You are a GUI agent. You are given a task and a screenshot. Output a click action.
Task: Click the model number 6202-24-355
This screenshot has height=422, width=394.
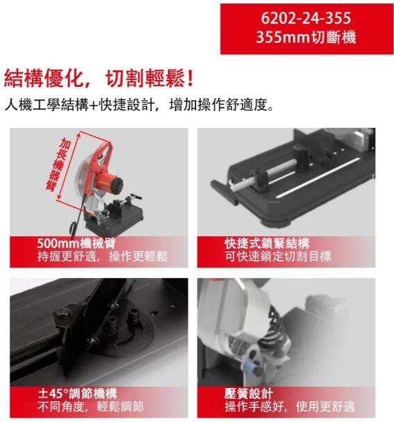(x=306, y=18)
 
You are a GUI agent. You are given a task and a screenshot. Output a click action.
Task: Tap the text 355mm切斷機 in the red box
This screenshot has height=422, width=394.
(x=306, y=37)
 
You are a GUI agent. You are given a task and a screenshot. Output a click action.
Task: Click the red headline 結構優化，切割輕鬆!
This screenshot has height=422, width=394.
(x=99, y=78)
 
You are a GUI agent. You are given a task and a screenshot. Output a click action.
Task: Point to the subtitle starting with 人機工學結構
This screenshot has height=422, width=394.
(x=139, y=105)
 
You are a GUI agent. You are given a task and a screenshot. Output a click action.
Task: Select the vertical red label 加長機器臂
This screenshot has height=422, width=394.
(x=58, y=165)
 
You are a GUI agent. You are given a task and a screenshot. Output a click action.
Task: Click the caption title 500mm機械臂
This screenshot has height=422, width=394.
(x=76, y=243)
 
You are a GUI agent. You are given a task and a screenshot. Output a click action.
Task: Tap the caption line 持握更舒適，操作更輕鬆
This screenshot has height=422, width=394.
(x=102, y=256)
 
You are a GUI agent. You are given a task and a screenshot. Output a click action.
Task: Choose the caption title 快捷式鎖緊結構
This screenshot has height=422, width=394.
(x=267, y=243)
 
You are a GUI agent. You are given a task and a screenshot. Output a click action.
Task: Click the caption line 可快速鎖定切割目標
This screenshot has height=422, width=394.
(x=278, y=256)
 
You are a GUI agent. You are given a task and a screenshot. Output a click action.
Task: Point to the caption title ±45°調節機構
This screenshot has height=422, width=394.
(x=77, y=393)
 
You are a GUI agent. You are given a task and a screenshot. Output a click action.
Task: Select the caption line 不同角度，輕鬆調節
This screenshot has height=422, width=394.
(x=90, y=407)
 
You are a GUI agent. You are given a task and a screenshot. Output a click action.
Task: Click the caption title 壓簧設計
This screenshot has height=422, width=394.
(x=249, y=393)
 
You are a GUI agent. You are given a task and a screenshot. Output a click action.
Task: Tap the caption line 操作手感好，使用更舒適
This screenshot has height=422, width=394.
(x=290, y=407)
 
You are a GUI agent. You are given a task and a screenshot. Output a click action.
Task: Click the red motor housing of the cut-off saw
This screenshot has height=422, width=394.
(x=110, y=183)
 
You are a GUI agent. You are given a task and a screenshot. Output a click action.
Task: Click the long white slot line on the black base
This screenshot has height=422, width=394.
(x=318, y=178)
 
